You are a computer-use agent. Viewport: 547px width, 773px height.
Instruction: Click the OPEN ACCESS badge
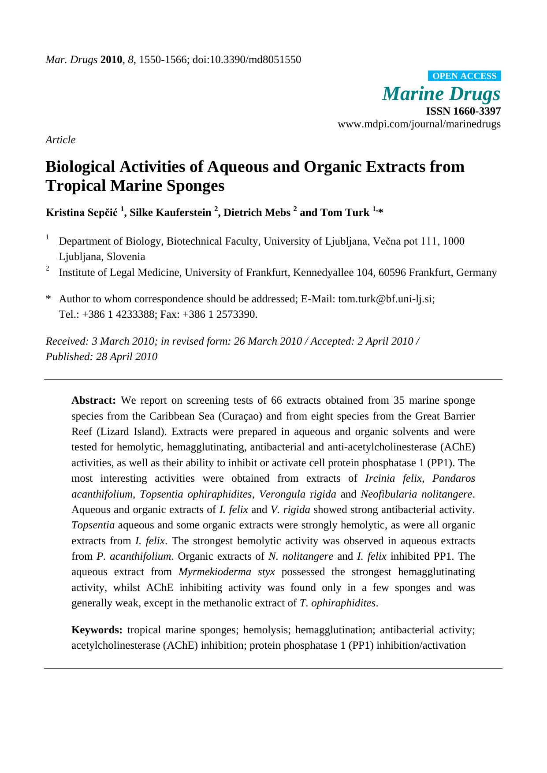pyautogui.click(x=464, y=76)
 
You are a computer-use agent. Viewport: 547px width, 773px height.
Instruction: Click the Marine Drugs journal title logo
pyautogui.click(x=441, y=93)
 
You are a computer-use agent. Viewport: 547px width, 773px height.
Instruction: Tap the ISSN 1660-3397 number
pyautogui.click(x=463, y=111)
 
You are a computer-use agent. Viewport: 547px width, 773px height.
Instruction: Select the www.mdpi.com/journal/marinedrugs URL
pyautogui.click(x=419, y=124)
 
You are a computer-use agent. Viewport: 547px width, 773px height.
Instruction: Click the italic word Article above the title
pyautogui.click(x=60, y=140)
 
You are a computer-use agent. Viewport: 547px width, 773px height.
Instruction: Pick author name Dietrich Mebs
pyautogui.click(x=257, y=212)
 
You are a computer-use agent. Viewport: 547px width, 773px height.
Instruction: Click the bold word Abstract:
pyautogui.click(x=93, y=400)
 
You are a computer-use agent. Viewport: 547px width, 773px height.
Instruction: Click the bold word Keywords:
pyautogui.click(x=97, y=630)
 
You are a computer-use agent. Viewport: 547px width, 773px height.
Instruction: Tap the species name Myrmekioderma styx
pyautogui.click(x=227, y=572)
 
